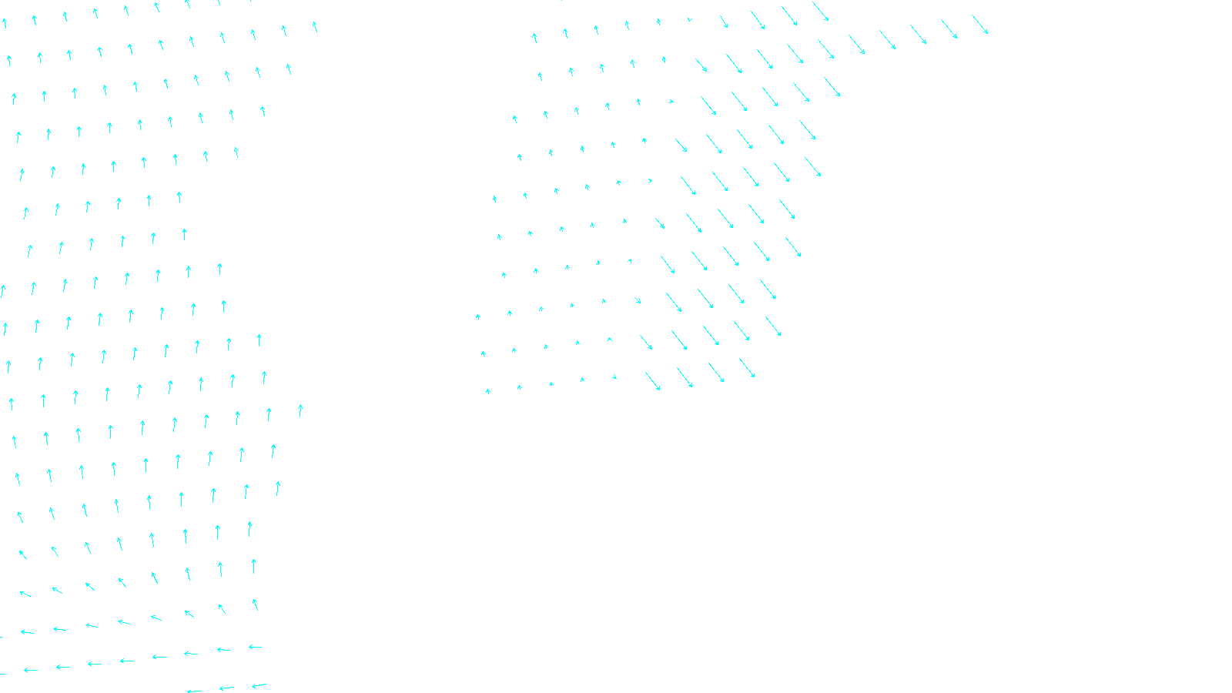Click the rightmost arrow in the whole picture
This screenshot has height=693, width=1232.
pos(979,24)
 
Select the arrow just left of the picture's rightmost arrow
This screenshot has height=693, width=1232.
pos(949,29)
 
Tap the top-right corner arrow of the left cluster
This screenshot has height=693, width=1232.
pos(315,26)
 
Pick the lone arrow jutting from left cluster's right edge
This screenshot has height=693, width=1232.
pos(300,410)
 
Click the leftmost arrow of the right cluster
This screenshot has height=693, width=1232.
pos(478,316)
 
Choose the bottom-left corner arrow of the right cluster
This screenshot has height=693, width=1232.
pos(488,391)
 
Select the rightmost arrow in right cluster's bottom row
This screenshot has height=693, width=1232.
pos(747,368)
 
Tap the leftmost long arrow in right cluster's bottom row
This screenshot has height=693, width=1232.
pos(653,381)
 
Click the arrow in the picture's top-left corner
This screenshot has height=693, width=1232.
pos(4,23)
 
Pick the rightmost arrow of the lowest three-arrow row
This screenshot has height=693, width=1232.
pos(259,685)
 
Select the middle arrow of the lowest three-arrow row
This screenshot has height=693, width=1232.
pos(226,688)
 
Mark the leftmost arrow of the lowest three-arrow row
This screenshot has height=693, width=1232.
pos(194,691)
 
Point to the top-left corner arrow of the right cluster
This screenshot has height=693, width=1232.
pos(534,37)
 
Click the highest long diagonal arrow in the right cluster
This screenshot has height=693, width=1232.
pos(820,12)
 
